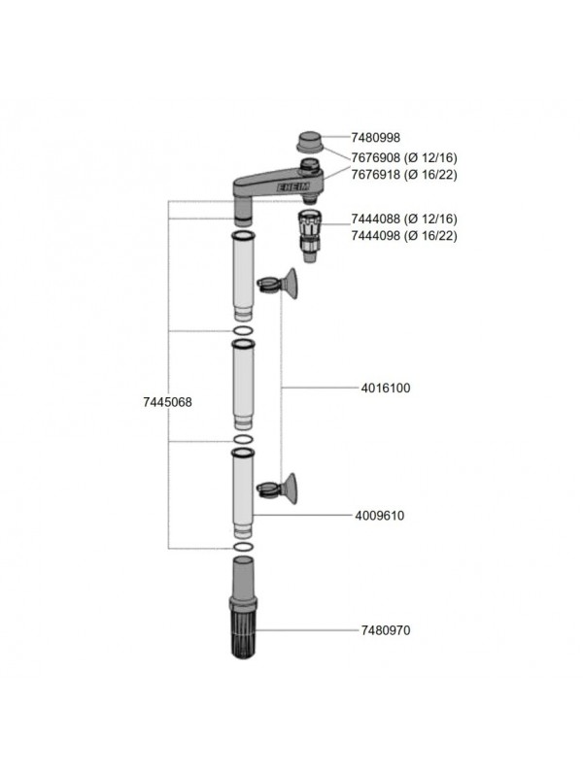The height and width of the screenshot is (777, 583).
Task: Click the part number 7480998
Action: pos(375,137)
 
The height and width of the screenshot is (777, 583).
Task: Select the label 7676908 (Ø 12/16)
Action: pos(404,157)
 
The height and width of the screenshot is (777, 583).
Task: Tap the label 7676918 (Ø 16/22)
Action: pos(404,175)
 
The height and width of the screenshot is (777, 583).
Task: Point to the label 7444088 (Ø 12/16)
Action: pos(404,219)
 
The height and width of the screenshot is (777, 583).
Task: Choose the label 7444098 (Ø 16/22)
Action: pos(404,235)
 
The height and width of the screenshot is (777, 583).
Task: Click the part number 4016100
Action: pos(386,388)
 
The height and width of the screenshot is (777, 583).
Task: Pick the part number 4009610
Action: pos(380,516)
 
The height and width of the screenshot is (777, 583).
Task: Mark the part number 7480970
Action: pos(386,630)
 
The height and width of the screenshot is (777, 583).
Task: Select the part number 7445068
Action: pos(167,402)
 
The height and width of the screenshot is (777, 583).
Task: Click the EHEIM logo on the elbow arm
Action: pos(293,187)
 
